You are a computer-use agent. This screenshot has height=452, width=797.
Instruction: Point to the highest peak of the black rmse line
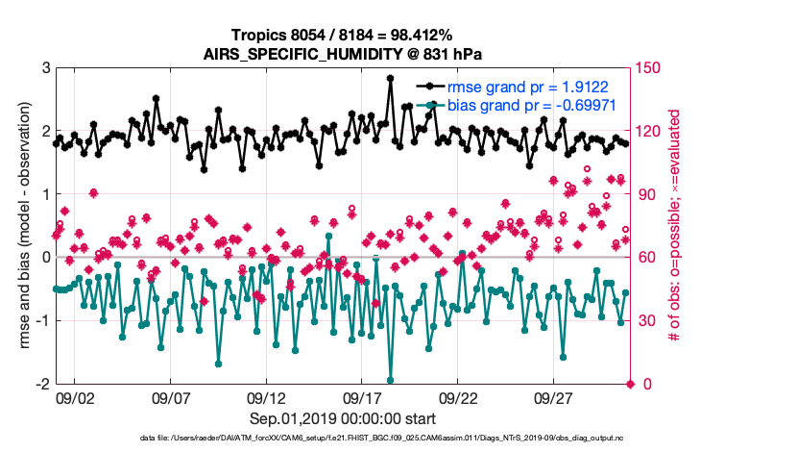(390, 79)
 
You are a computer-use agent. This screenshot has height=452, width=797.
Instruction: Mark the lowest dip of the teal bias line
(390, 381)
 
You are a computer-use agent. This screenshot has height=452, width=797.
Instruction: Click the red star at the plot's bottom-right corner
(630, 384)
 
